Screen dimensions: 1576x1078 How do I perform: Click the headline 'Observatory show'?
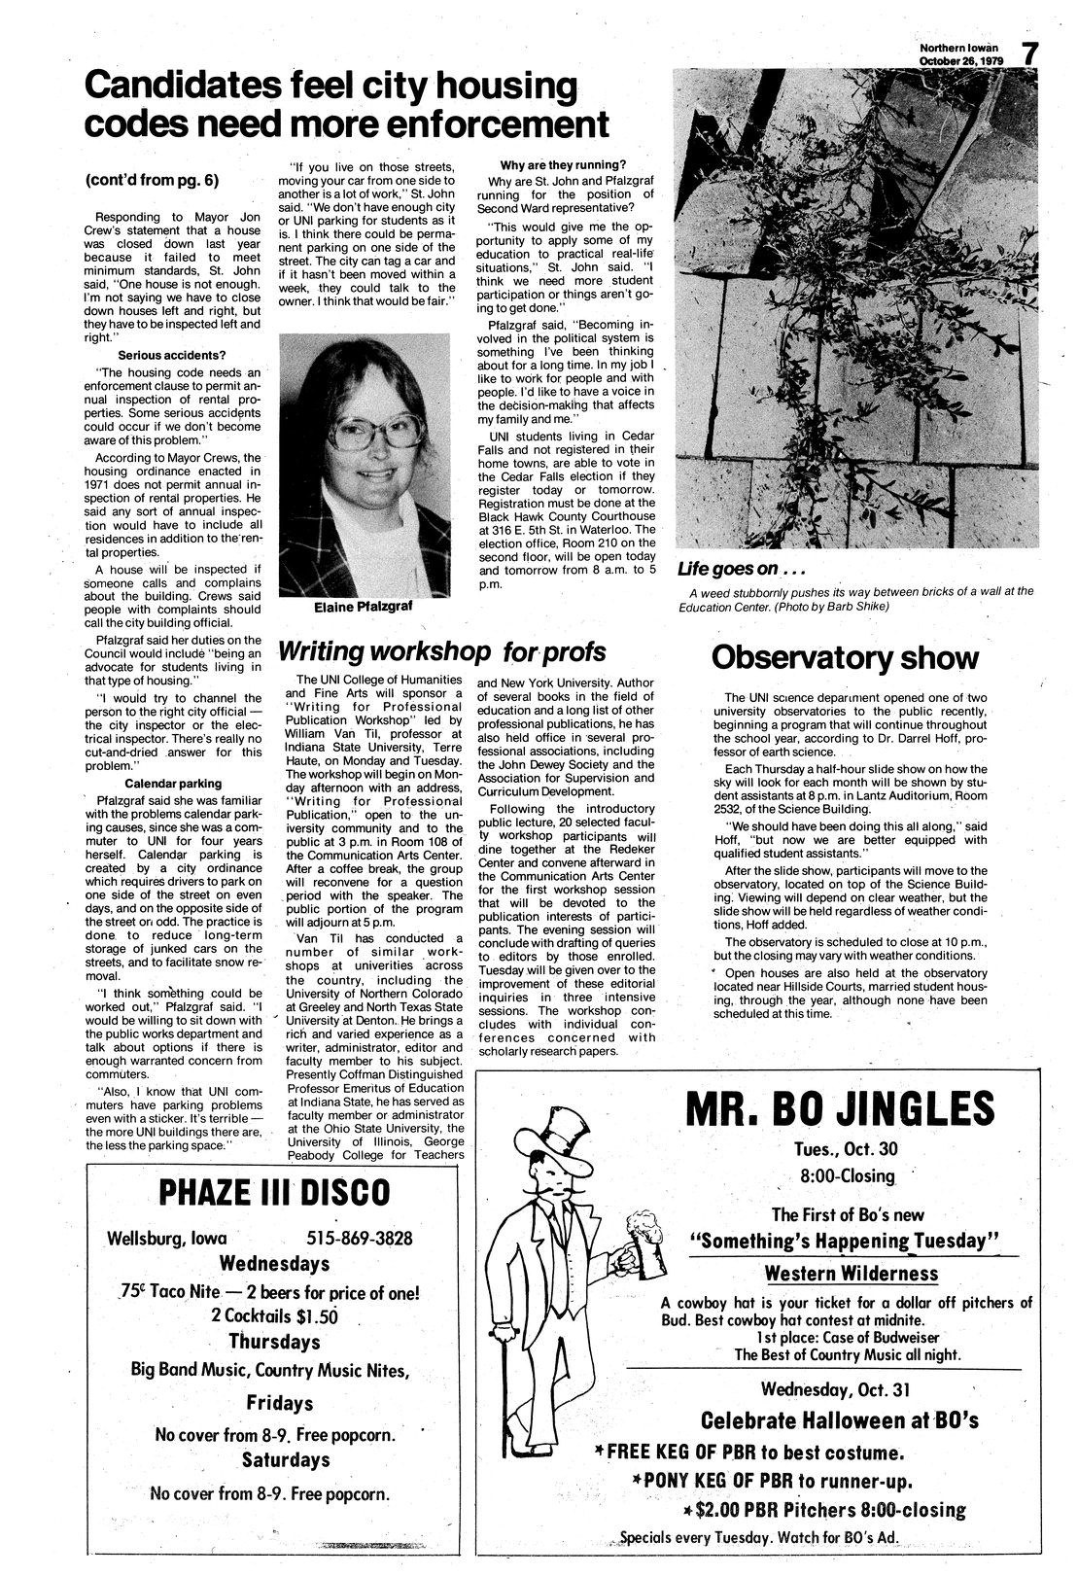(x=844, y=658)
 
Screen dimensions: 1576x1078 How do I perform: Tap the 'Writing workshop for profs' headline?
(x=442, y=650)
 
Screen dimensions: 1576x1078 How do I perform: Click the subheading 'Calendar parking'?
(x=173, y=784)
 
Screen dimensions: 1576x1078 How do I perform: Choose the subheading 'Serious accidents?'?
(x=173, y=356)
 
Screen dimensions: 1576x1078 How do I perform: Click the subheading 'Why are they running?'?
(x=562, y=164)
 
